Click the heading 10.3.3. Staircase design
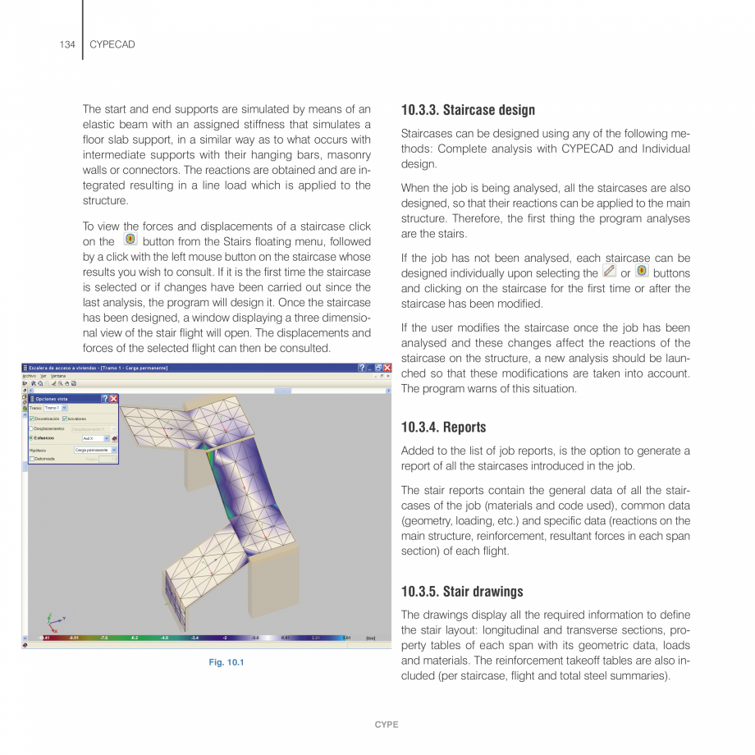(468, 110)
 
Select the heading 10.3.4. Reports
(443, 428)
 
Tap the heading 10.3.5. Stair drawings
(462, 592)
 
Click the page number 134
(68, 44)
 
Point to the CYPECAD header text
(112, 44)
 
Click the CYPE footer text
(387, 725)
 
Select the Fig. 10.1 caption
(226, 663)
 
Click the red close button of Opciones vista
(114, 398)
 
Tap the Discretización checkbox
(32, 419)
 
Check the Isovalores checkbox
(65, 419)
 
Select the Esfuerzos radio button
(32, 438)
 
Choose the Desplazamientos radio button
(32, 428)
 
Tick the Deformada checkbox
(32, 459)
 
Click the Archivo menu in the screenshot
(29, 375)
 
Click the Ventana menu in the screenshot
(58, 375)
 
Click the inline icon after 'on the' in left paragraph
(130, 240)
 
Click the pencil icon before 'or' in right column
(609, 271)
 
